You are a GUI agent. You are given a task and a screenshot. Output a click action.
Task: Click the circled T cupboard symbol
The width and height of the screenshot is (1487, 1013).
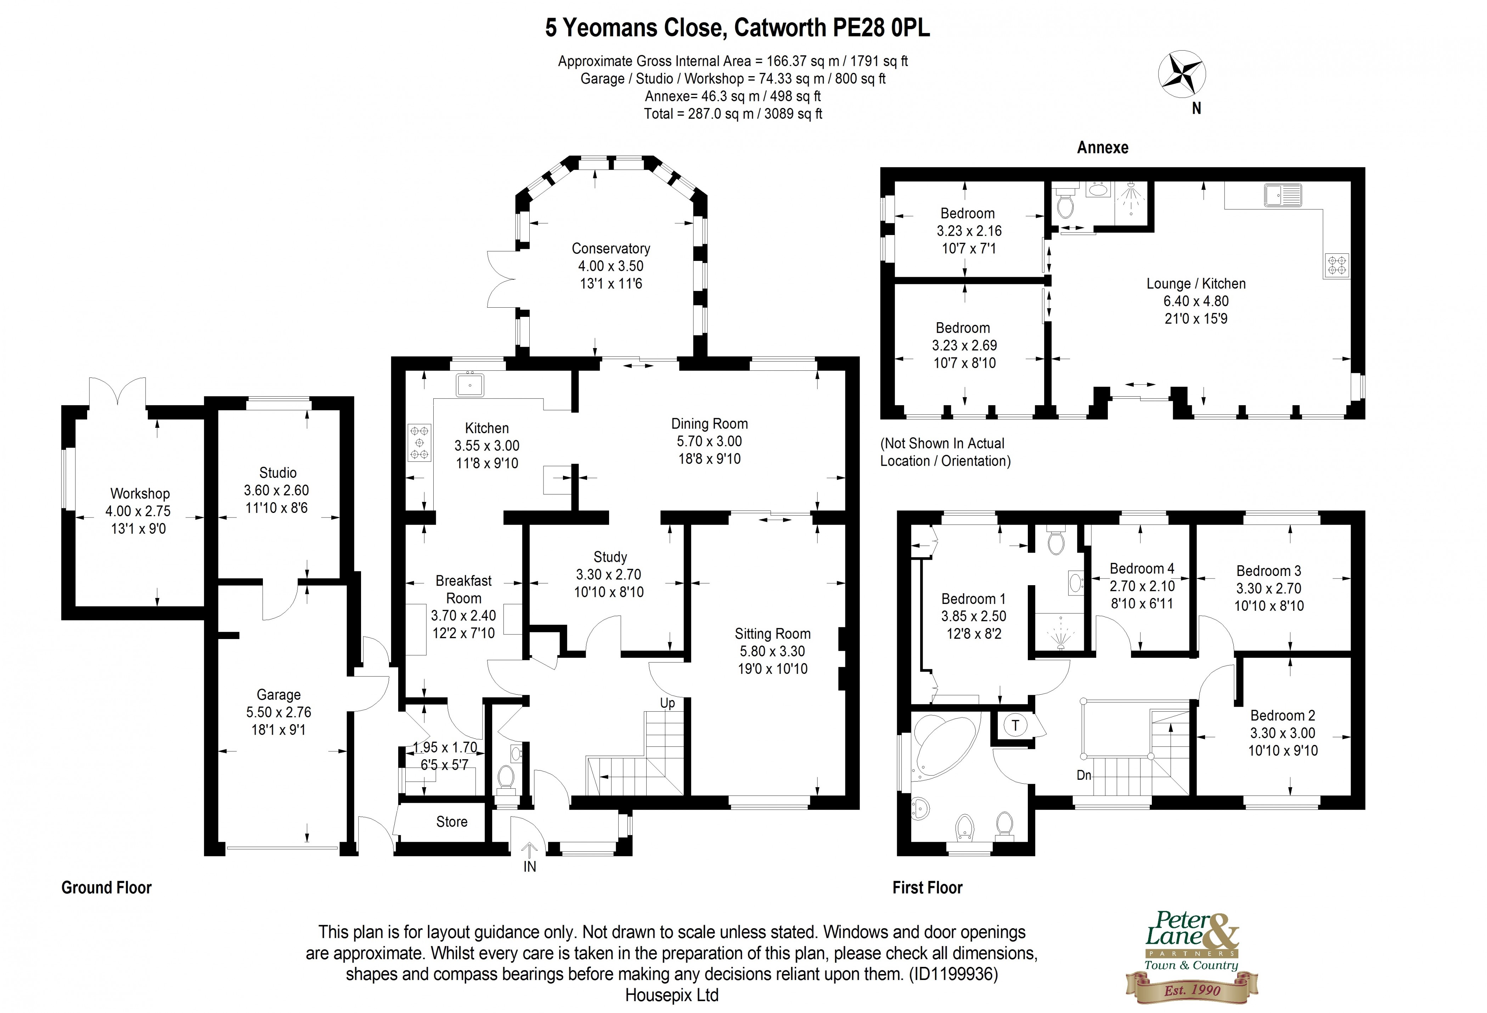(1015, 725)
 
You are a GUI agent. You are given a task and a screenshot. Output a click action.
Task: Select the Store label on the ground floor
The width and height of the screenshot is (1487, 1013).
(452, 822)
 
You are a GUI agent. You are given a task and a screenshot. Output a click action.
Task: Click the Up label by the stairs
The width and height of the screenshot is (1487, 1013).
(668, 703)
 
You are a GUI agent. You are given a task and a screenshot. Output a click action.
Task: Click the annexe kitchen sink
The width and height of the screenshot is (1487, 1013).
(1282, 195)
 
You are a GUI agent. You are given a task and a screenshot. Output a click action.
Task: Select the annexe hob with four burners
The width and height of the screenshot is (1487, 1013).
(1337, 265)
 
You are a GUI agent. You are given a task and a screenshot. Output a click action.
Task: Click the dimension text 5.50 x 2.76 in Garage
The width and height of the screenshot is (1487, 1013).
(278, 712)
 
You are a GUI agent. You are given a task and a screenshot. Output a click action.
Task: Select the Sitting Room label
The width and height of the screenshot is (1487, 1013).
(772, 633)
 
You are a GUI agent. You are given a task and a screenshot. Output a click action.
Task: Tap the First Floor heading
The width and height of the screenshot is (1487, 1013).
(927, 888)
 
